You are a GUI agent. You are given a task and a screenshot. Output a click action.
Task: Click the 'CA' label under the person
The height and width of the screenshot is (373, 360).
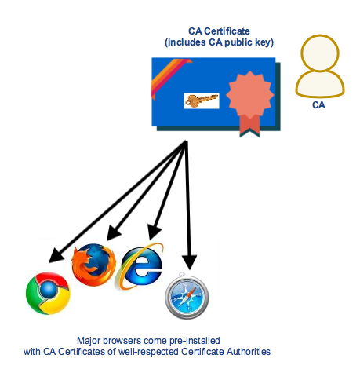tap(319, 103)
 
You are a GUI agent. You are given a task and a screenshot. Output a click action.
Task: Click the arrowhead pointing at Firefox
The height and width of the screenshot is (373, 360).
tap(112, 233)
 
